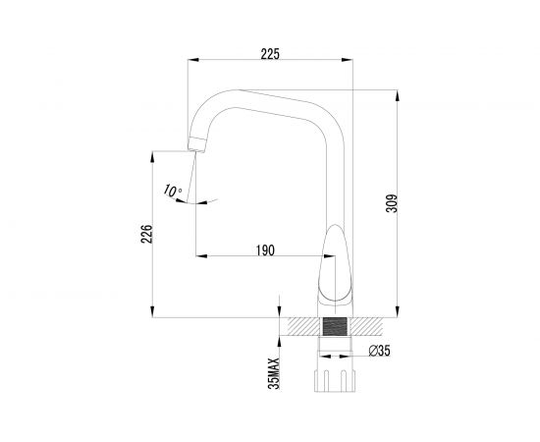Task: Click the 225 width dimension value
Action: (271, 54)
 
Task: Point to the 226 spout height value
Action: (147, 235)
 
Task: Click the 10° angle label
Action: (174, 192)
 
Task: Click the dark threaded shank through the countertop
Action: (336, 327)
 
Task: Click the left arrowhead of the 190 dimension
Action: (199, 258)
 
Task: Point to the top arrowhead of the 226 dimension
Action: (156, 153)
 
